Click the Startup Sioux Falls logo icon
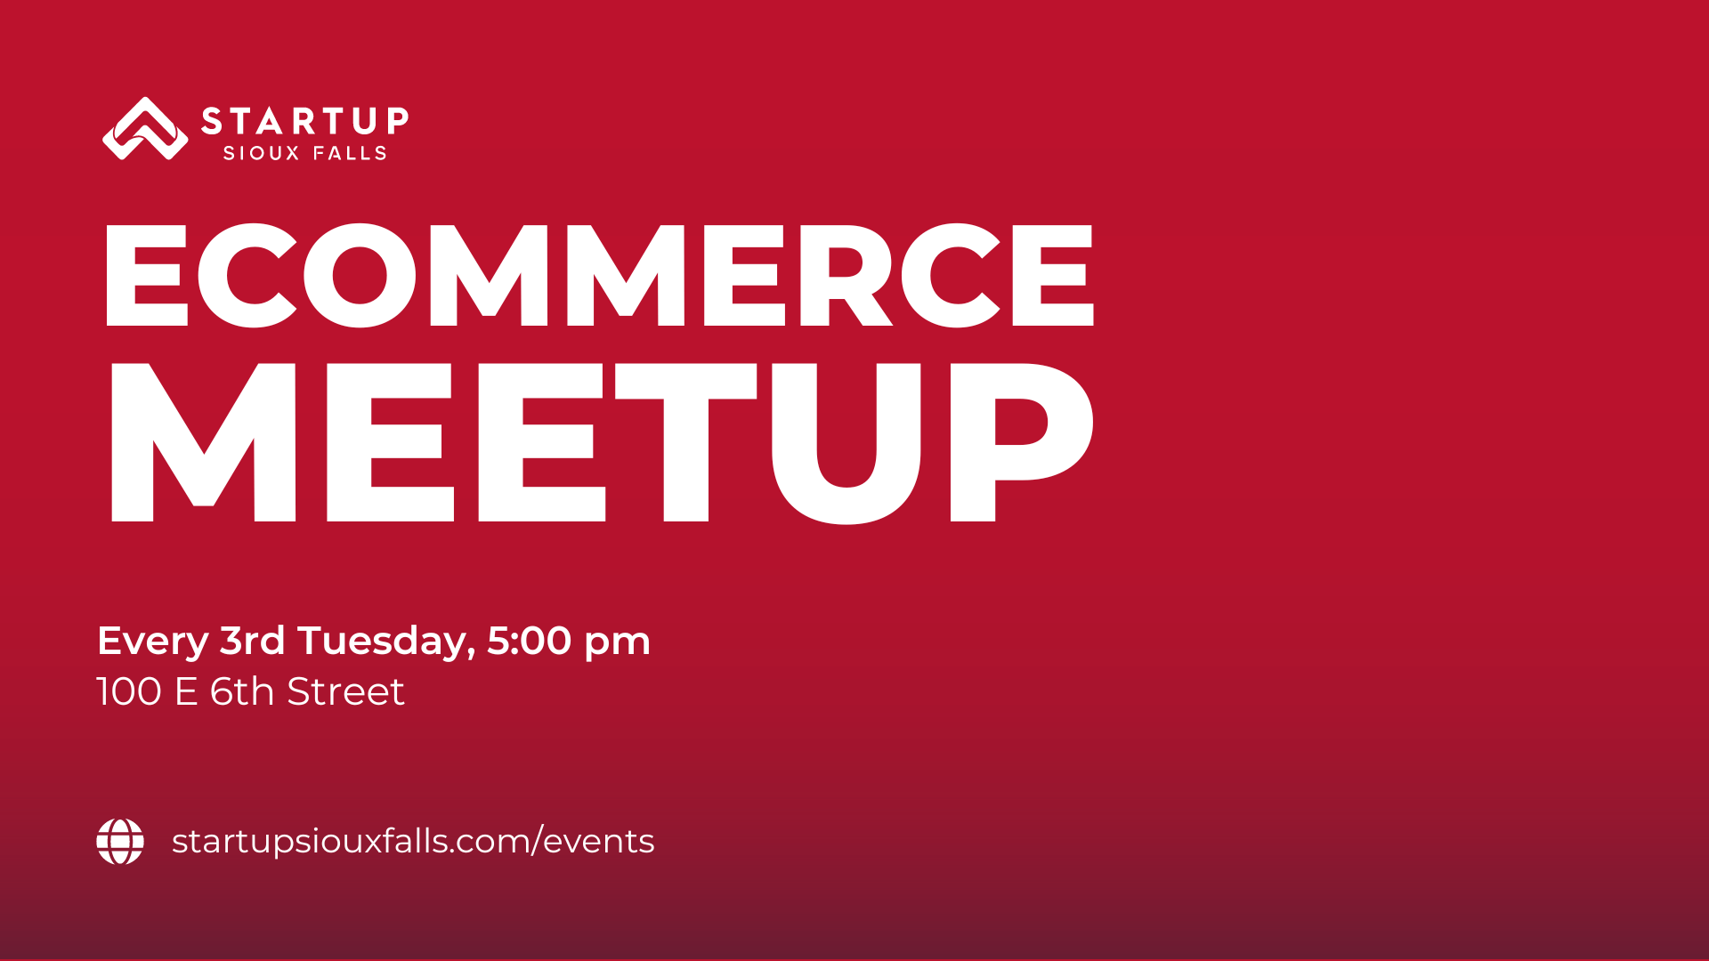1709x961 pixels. click(x=145, y=129)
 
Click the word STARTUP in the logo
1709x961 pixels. click(x=305, y=121)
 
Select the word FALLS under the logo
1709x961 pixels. click(x=350, y=153)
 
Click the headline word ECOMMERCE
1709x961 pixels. click(x=599, y=275)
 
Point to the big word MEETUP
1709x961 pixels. click(x=602, y=442)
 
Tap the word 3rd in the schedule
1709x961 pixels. click(x=253, y=641)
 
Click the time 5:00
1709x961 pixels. click(x=530, y=641)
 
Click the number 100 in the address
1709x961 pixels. click(x=129, y=692)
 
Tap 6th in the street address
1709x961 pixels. click(x=242, y=691)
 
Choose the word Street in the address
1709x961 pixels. click(x=345, y=692)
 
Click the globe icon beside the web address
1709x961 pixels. click(x=120, y=842)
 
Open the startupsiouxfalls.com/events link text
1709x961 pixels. click(x=413, y=841)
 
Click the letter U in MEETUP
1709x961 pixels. click(x=846, y=443)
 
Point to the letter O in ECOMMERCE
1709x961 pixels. click(x=360, y=275)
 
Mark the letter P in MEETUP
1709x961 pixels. click(x=1022, y=441)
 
